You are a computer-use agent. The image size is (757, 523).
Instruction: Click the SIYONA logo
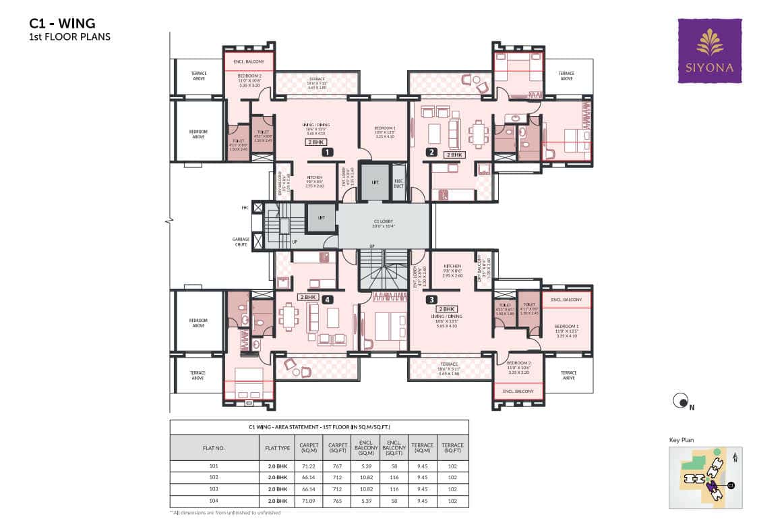click(x=709, y=51)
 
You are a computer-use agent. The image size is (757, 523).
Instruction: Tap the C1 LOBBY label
click(x=383, y=223)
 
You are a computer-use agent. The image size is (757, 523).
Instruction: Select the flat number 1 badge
click(x=328, y=153)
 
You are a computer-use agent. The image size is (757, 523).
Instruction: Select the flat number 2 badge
click(x=431, y=153)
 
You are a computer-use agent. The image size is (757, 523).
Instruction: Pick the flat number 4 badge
click(x=328, y=300)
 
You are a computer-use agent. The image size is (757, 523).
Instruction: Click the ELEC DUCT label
click(x=398, y=183)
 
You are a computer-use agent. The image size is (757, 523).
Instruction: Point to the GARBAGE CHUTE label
click(x=241, y=241)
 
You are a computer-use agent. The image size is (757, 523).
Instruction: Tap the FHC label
click(x=245, y=208)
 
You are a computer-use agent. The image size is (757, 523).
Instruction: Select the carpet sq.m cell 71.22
click(x=309, y=466)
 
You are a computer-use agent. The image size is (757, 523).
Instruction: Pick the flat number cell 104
click(x=214, y=501)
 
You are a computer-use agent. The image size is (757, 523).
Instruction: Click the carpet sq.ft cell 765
click(x=337, y=501)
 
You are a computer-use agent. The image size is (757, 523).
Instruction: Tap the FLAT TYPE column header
click(x=276, y=447)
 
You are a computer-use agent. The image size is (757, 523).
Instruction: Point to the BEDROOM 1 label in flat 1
click(x=384, y=130)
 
